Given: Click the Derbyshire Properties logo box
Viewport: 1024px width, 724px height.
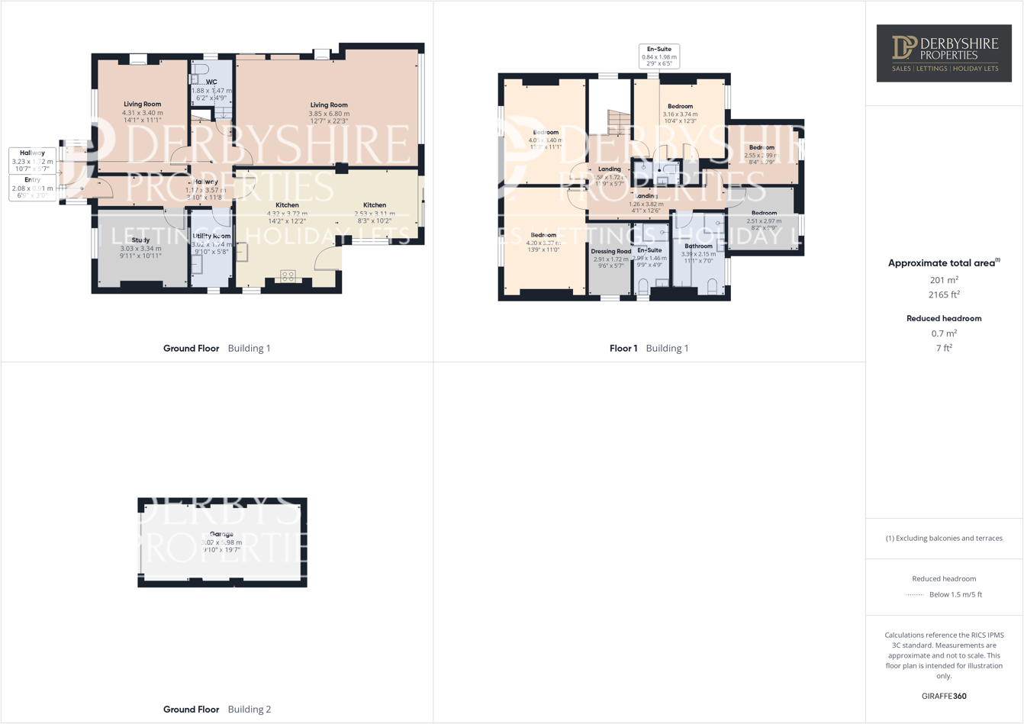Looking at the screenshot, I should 944,53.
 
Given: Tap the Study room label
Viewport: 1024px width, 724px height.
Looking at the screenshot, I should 140,240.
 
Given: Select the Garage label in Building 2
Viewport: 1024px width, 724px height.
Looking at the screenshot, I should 221,534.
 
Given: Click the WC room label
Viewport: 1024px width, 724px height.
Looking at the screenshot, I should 211,82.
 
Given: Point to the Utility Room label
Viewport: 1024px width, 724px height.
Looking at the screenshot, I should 211,237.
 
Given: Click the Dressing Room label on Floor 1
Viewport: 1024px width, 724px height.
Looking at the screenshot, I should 610,251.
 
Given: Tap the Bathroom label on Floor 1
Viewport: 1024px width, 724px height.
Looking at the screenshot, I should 698,246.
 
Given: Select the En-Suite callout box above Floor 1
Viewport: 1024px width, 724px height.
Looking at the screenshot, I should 659,56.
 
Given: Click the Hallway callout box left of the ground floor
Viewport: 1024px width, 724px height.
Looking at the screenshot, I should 32,161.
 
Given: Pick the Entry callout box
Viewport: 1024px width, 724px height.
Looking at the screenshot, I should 32,188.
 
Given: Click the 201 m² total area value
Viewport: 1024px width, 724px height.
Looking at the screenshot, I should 944,280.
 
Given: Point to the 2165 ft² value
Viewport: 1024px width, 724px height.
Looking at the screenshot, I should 944,294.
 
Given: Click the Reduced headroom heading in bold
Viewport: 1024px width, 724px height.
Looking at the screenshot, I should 944,318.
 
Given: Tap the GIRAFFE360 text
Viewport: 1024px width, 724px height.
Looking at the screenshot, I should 944,696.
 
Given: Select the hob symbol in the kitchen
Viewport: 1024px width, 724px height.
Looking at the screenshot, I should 288,276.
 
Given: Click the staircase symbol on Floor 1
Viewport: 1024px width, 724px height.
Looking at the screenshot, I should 619,122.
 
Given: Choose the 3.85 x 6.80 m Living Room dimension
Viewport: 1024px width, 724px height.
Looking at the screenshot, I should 329,114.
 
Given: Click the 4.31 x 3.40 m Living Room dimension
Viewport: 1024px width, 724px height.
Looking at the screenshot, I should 142,113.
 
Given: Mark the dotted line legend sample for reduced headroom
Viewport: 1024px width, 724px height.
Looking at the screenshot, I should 914,595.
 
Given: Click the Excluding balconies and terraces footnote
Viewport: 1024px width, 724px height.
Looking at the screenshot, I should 944,538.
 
